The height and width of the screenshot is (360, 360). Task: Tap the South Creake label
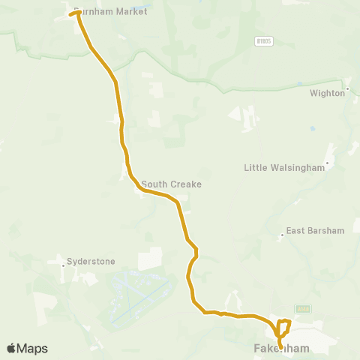tap(171, 184)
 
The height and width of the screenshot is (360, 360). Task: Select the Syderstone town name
tap(91, 262)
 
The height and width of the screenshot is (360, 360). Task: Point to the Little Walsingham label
tap(284, 168)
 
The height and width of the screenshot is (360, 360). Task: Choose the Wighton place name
tap(327, 93)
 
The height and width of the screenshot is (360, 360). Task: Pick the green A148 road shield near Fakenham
tap(302, 308)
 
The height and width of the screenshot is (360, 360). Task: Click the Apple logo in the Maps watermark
tap(12, 348)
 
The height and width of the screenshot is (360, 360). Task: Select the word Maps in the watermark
tap(32, 348)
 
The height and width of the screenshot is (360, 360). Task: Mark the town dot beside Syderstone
tap(62, 262)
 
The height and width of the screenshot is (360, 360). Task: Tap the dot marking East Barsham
tap(282, 234)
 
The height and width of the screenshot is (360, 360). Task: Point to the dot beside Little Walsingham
tap(327, 163)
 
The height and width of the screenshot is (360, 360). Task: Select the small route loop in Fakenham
tap(283, 327)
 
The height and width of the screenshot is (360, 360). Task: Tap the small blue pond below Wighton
tap(312, 128)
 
